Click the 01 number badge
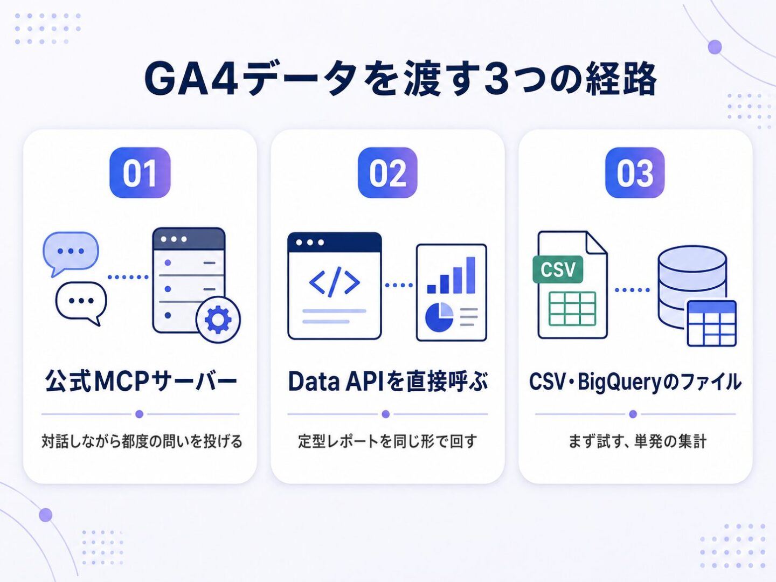click(x=140, y=173)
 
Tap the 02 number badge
click(x=387, y=173)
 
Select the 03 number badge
click(x=635, y=173)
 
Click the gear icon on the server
click(x=218, y=320)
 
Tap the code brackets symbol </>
click(x=334, y=282)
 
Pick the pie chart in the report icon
click(x=439, y=317)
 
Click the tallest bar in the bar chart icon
click(x=470, y=275)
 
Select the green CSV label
click(x=558, y=269)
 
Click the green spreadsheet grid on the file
click(x=572, y=308)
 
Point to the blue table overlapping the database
click(x=712, y=323)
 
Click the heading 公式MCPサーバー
click(x=141, y=382)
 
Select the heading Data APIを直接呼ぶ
click(x=388, y=382)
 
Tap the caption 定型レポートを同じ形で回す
click(x=387, y=441)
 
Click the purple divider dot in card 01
click(x=139, y=414)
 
